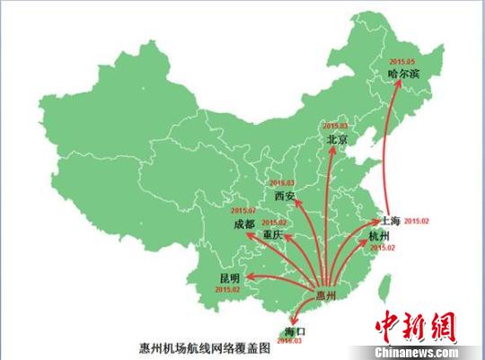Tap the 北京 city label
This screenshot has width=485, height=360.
click(338, 140)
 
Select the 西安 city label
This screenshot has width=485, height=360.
click(285, 196)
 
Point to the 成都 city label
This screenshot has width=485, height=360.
click(244, 223)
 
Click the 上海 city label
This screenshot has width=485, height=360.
click(390, 219)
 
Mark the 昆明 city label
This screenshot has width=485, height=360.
click(230, 278)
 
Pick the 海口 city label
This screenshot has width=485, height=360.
click(294, 331)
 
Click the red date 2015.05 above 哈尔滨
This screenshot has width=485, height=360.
click(402, 60)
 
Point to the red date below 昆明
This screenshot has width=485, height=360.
click(229, 290)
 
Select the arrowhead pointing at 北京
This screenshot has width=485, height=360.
click(332, 150)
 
